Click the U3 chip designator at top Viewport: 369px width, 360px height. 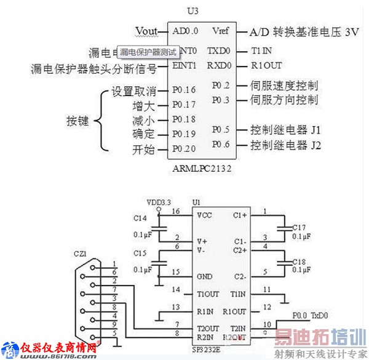pyautogui.click(x=196, y=10)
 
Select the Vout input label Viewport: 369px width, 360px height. pyautogui.click(x=146, y=31)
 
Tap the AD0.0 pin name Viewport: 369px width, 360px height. pyautogui.click(x=185, y=31)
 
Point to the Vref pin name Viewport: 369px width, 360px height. pyautogui.click(x=220, y=31)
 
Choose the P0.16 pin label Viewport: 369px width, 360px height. pyautogui.click(x=184, y=90)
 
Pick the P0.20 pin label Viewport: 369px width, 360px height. pyautogui.click(x=184, y=149)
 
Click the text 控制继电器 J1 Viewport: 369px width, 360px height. pyautogui.click(x=285, y=130)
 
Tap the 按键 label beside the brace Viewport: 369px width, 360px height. pyautogui.click(x=77, y=121)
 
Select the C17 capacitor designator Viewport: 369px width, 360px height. pyautogui.click(x=299, y=226)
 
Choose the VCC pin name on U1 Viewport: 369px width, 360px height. pyautogui.click(x=205, y=216)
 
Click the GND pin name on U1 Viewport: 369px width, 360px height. pyautogui.click(x=205, y=276)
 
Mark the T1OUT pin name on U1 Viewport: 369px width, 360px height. pyautogui.click(x=208, y=294)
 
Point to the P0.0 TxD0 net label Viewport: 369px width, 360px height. pyautogui.click(x=312, y=315)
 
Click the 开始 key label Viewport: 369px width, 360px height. pyautogui.click(x=143, y=150)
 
